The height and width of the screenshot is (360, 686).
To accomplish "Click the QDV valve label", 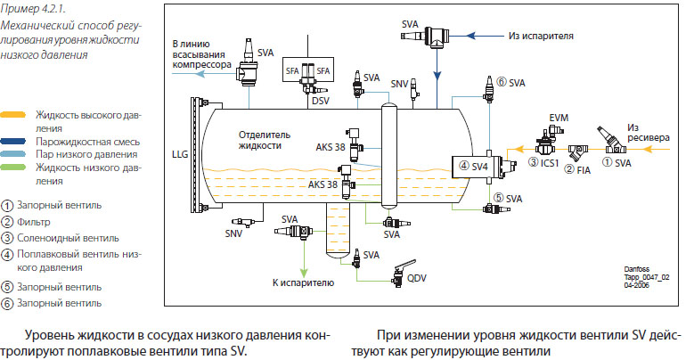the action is [x=417, y=278].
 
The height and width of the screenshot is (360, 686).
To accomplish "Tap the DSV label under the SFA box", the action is [x=320, y=101].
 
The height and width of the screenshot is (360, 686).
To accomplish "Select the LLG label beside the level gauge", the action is [x=180, y=154].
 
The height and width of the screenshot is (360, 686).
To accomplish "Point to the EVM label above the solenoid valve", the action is [x=559, y=119].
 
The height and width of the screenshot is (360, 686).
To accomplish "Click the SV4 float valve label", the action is [x=479, y=167].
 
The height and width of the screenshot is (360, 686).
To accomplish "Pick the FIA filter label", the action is [x=584, y=170].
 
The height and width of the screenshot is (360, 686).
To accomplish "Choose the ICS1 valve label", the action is [x=550, y=163].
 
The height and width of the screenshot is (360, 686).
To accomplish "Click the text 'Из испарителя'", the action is [x=541, y=36].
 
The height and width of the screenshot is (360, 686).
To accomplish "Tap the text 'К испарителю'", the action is [x=303, y=283].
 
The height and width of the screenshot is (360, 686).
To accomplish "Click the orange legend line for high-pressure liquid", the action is [x=13, y=115].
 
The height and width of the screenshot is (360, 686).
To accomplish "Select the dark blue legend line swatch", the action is [x=13, y=142].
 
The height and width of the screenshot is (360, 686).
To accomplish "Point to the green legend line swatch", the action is [x=13, y=168].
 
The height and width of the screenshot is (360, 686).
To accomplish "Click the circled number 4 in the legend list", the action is [x=7, y=255].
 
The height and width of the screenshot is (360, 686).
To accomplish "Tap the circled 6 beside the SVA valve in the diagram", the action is [x=502, y=82].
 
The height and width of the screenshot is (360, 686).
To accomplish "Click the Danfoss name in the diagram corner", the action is [x=637, y=269].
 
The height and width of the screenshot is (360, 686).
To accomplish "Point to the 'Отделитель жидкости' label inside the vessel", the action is [x=265, y=140].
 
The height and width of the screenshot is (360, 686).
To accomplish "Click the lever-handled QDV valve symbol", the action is [x=400, y=274].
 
